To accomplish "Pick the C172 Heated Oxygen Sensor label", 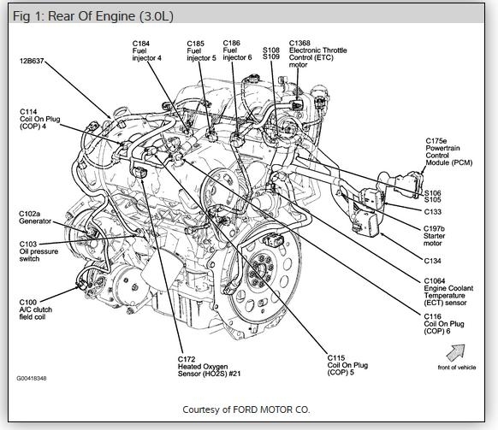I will (x=209, y=367).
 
